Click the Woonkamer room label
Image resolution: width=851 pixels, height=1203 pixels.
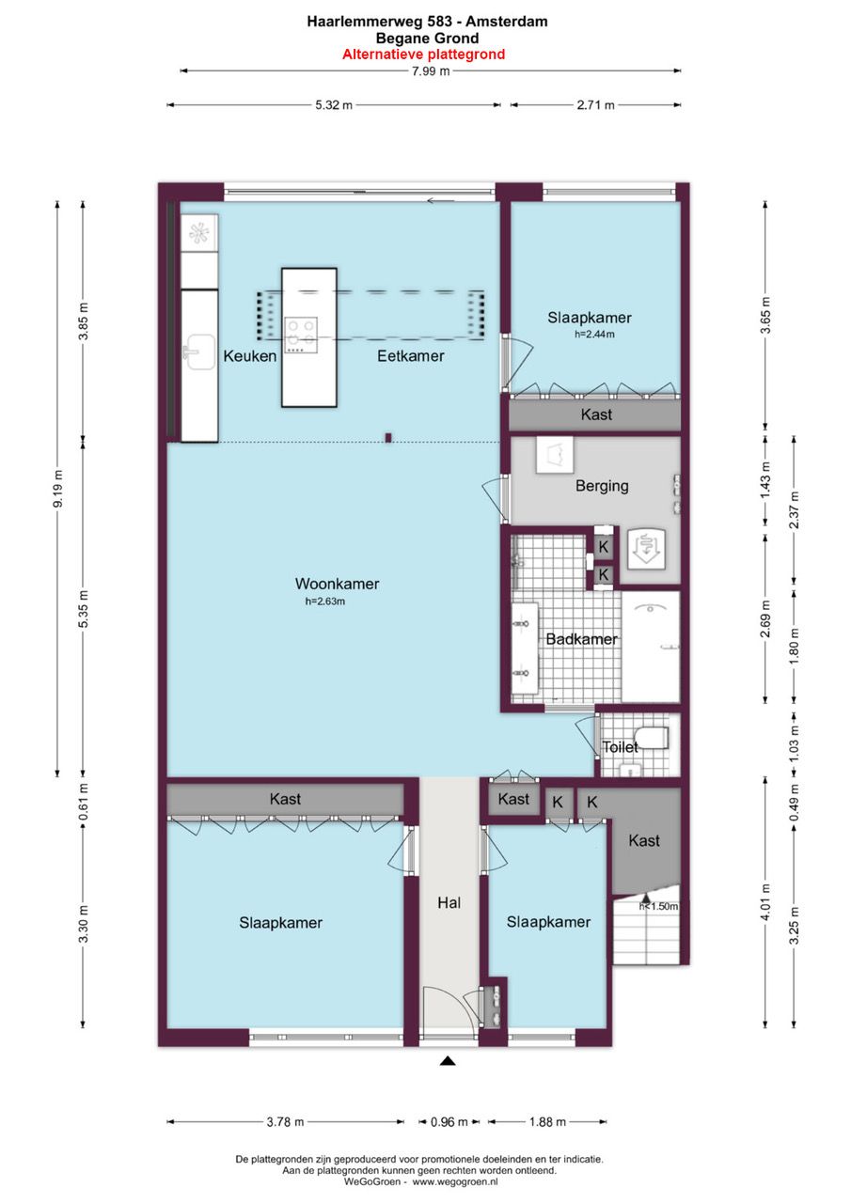pyautogui.click(x=337, y=584)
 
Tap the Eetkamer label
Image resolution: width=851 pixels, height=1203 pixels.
pyautogui.click(x=411, y=356)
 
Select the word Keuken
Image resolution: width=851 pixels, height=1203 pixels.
pyautogui.click(x=250, y=356)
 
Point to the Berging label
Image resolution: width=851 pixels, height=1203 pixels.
pyautogui.click(x=602, y=486)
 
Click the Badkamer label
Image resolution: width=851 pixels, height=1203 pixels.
pyautogui.click(x=581, y=639)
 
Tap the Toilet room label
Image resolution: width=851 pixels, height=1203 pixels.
pyautogui.click(x=620, y=747)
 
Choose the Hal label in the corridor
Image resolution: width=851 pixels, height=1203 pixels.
pyautogui.click(x=449, y=903)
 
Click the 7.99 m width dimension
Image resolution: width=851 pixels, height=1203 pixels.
pyautogui.click(x=431, y=70)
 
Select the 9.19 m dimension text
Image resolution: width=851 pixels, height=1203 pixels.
pyautogui.click(x=58, y=488)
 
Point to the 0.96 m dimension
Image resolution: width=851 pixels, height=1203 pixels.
pyautogui.click(x=449, y=1122)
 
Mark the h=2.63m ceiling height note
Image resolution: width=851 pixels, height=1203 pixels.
pyautogui.click(x=325, y=601)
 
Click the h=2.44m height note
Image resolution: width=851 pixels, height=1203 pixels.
pyautogui.click(x=594, y=334)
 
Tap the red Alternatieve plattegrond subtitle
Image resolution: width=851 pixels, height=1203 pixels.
pyautogui.click(x=424, y=55)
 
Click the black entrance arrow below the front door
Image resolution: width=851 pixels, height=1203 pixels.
pyautogui.click(x=448, y=1061)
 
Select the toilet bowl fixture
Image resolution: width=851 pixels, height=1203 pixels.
pyautogui.click(x=652, y=738)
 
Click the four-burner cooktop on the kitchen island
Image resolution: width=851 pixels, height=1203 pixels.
pyautogui.click(x=301, y=335)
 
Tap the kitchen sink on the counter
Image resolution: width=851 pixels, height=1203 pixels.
pyautogui.click(x=198, y=352)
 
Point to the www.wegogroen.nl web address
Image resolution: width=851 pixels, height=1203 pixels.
pyautogui.click(x=455, y=1182)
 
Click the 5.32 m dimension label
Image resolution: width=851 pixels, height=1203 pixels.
pyautogui.click(x=334, y=105)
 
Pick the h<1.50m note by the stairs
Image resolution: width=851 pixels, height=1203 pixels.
pyautogui.click(x=658, y=907)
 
